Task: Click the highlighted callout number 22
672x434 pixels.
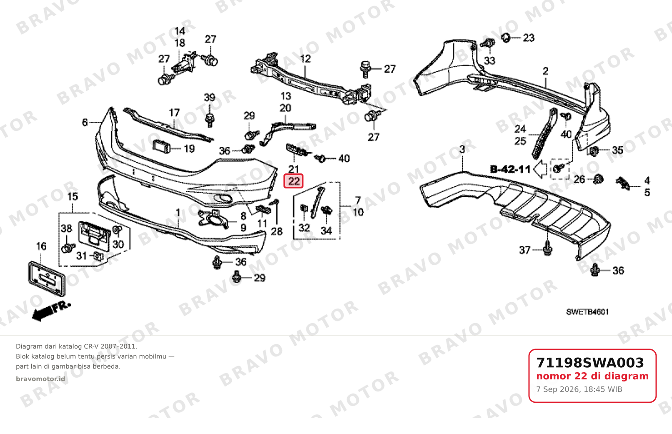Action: click(x=294, y=181)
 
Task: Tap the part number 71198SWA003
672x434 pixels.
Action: click(x=590, y=363)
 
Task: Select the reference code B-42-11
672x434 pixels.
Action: click(x=510, y=169)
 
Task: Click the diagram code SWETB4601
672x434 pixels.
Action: click(x=587, y=312)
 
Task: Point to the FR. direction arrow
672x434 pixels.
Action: click(x=51, y=311)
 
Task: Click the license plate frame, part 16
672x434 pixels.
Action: click(x=47, y=278)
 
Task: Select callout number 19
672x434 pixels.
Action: click(x=189, y=149)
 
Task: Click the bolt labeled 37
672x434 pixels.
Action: click(x=547, y=248)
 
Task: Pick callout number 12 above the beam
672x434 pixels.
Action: click(x=306, y=59)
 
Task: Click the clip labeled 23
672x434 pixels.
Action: click(x=506, y=38)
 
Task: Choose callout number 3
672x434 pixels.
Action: click(x=462, y=149)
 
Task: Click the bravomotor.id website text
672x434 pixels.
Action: click(x=40, y=379)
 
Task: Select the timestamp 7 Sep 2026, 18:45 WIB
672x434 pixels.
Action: click(x=579, y=389)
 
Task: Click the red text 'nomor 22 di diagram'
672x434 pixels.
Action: click(x=592, y=376)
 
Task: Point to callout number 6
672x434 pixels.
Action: click(x=85, y=123)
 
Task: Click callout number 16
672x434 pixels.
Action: click(x=41, y=246)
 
